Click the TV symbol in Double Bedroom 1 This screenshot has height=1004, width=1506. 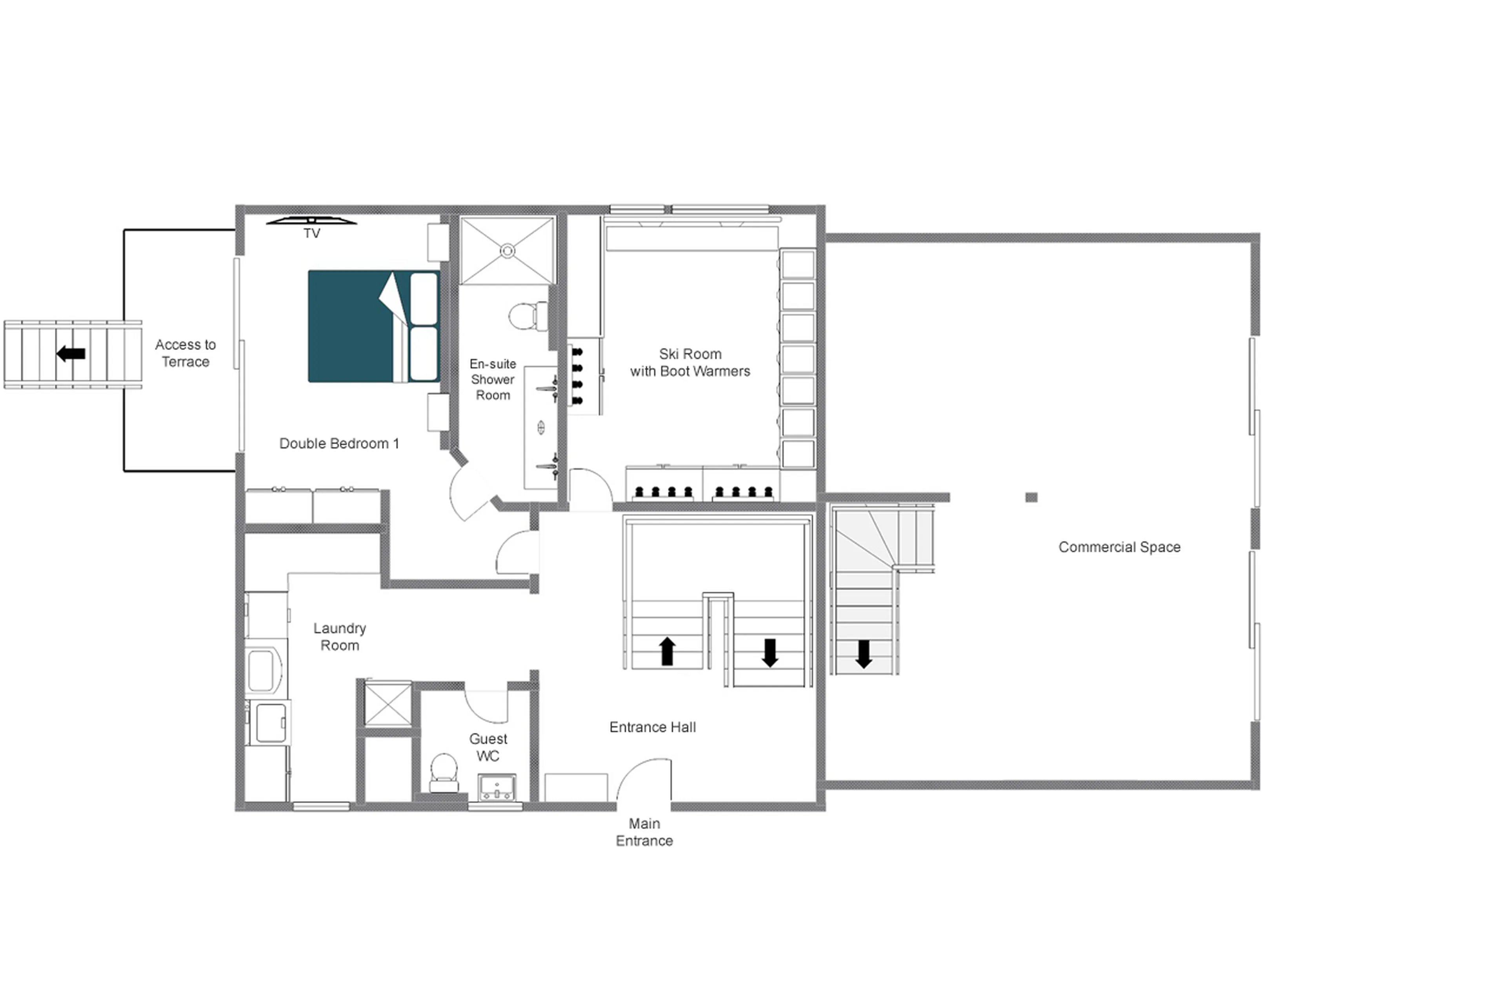click(x=311, y=221)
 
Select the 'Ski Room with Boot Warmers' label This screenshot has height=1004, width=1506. click(x=689, y=363)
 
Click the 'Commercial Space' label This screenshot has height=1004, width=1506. click(x=1119, y=547)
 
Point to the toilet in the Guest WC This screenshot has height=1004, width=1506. click(x=444, y=772)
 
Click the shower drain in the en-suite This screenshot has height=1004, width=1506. click(x=507, y=251)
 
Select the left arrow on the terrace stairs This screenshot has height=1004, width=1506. click(x=71, y=353)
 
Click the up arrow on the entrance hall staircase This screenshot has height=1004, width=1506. click(x=667, y=651)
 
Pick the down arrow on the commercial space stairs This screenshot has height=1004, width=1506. click(x=864, y=654)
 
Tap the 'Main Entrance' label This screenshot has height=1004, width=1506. click(x=644, y=832)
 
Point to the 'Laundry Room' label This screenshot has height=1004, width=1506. click(x=339, y=636)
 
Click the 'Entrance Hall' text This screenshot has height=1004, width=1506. click(x=652, y=727)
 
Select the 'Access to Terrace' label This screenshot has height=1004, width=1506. click(x=185, y=353)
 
